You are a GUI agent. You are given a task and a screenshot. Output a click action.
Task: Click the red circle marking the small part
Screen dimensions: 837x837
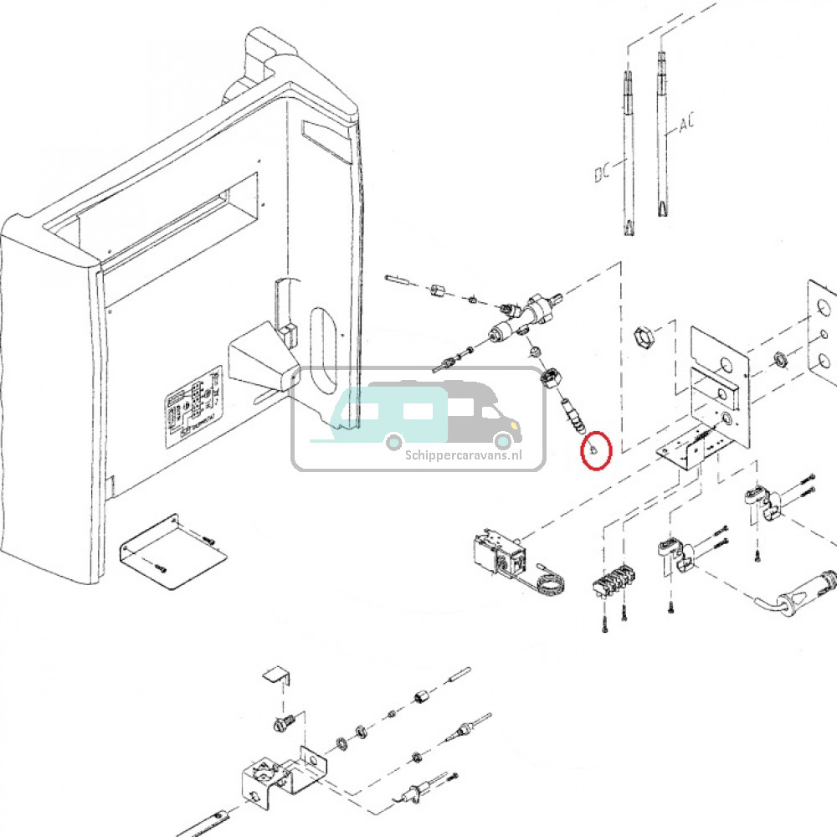[596, 450]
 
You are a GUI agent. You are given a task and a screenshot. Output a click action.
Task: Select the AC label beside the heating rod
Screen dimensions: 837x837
[686, 125]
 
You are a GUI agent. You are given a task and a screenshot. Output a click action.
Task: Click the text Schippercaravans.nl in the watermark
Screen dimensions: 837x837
[463, 455]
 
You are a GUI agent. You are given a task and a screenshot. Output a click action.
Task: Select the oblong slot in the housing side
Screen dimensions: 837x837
[321, 344]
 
